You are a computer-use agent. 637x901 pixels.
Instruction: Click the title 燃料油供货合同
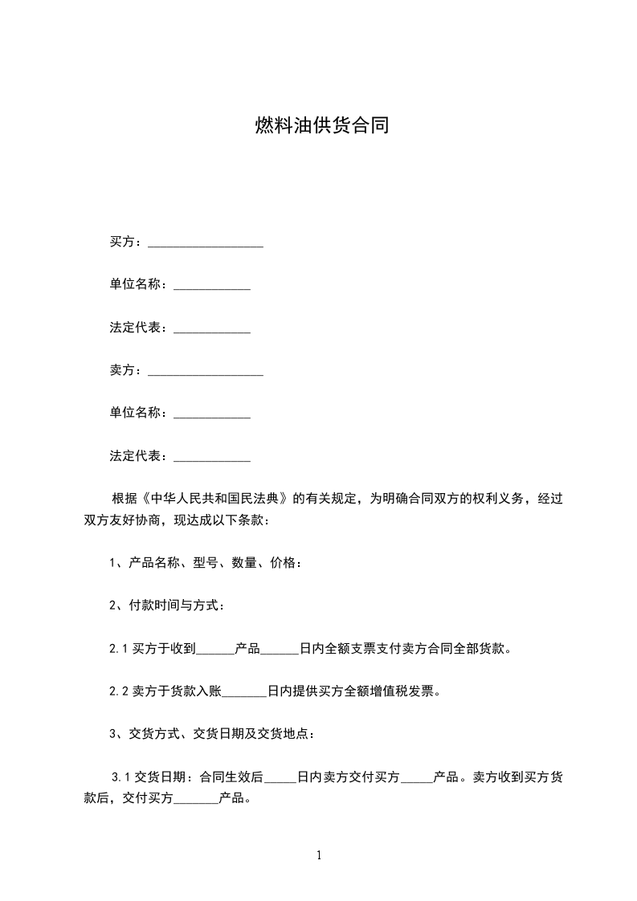tap(321, 126)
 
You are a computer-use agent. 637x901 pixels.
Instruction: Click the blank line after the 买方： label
tap(206, 243)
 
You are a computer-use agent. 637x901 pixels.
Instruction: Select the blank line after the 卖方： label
tap(206, 371)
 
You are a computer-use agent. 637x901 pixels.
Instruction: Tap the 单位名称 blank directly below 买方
tap(212, 286)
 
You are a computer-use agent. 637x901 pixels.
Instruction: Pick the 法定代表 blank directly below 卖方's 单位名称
tap(212, 457)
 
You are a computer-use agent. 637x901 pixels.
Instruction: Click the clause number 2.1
tap(119, 649)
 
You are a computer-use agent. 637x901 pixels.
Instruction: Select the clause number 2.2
tap(119, 691)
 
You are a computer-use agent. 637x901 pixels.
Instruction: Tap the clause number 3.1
tap(121, 777)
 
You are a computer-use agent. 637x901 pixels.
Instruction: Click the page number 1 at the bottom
tap(319, 855)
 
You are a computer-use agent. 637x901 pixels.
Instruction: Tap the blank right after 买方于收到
tap(214, 650)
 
